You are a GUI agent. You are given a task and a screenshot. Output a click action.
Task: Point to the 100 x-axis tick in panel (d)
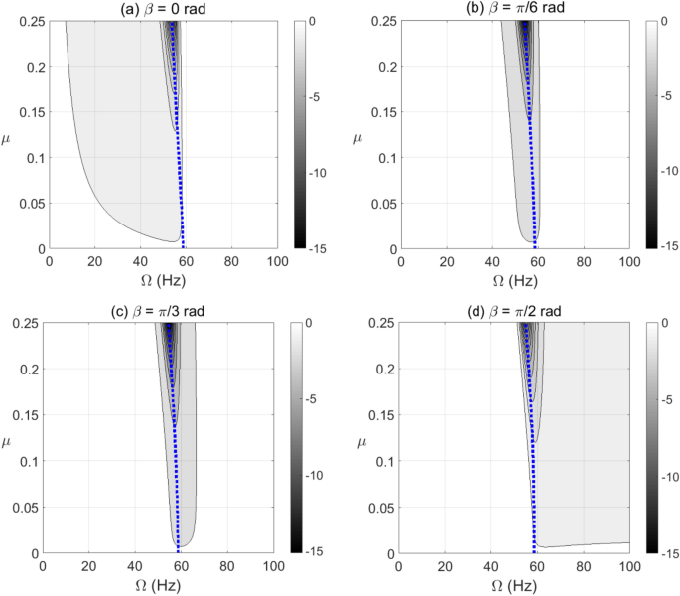(628, 565)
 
